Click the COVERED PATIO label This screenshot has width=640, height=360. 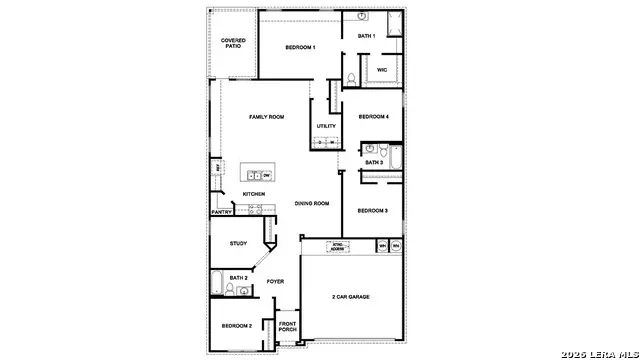point(232,43)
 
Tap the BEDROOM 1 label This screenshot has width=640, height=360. point(300,47)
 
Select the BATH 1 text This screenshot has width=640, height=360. point(367,36)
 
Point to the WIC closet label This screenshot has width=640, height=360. point(382,70)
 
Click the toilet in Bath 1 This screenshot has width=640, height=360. point(352,79)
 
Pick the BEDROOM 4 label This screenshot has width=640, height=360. point(373,116)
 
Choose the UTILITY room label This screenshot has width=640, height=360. point(326,126)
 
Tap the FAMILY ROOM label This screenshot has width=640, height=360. point(266,117)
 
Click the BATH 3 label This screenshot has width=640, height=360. point(373,162)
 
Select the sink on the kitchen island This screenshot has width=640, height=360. point(253,175)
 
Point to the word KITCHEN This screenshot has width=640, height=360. point(253,194)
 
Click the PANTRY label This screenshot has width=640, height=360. point(222,212)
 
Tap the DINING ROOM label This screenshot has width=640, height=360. point(312,204)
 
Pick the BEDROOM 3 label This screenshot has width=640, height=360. point(372,210)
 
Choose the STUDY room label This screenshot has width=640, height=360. point(238,243)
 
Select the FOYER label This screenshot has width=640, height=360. point(275,282)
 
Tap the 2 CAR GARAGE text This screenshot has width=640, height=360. point(350,297)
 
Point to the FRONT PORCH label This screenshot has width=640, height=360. point(287,326)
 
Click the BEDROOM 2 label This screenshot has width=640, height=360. point(236,326)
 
